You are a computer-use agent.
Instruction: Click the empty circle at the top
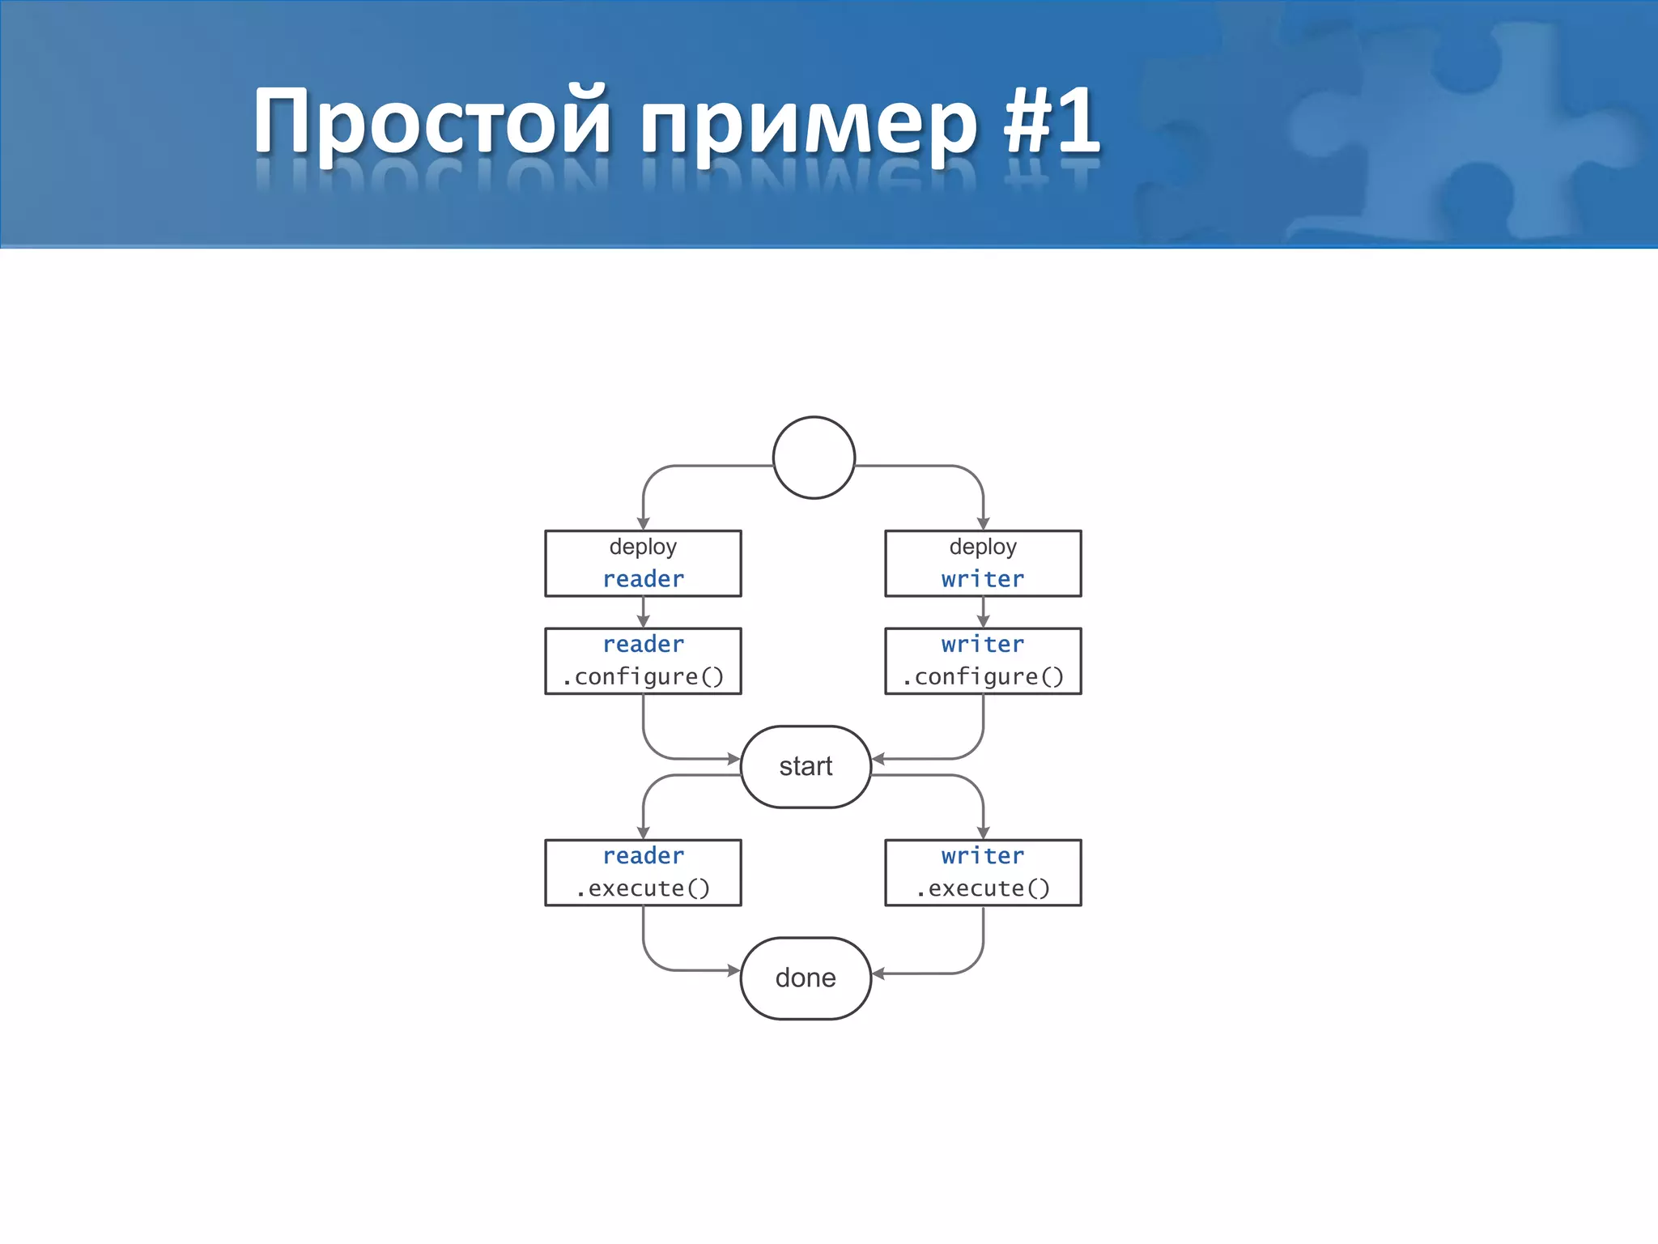(x=814, y=458)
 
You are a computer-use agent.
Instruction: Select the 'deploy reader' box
(x=643, y=563)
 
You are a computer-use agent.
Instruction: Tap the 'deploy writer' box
(x=983, y=563)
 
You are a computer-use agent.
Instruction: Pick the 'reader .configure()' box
(x=643, y=661)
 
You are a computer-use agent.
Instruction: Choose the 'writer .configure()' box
(x=983, y=661)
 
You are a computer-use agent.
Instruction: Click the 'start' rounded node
(x=806, y=766)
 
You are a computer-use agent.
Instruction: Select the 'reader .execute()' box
(x=643, y=872)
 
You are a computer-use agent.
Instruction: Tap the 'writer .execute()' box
(x=983, y=872)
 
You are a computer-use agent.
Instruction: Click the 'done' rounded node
(x=806, y=978)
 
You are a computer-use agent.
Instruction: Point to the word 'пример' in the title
(x=810, y=126)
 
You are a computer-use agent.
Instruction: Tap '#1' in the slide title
(x=1052, y=121)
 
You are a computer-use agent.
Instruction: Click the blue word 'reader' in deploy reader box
(x=643, y=579)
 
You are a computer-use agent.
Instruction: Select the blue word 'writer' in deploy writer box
(x=983, y=579)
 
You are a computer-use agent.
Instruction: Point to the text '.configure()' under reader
(x=643, y=677)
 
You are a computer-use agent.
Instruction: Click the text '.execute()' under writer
(x=983, y=888)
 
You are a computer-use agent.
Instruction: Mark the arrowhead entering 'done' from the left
(x=733, y=969)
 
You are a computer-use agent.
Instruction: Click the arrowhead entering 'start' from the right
(x=878, y=759)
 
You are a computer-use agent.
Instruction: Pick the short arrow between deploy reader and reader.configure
(x=643, y=613)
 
